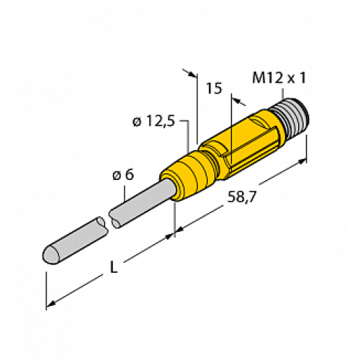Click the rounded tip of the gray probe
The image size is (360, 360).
(50, 254)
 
